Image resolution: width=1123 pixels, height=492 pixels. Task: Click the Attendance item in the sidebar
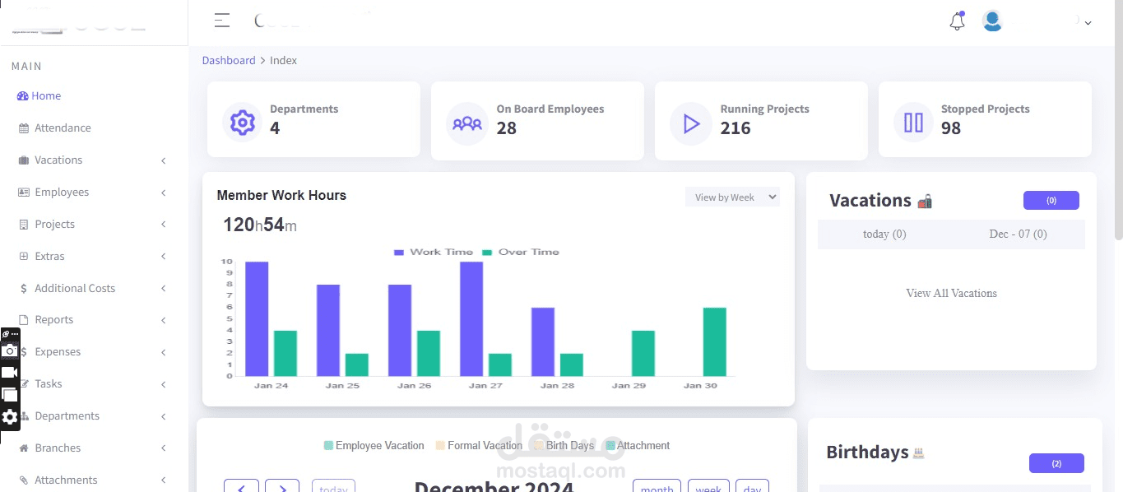tap(62, 128)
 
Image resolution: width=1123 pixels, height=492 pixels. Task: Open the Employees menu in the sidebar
tap(61, 193)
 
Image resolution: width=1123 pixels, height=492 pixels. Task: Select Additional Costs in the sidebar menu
tap(74, 289)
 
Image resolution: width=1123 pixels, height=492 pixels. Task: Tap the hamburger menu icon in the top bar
tap(222, 21)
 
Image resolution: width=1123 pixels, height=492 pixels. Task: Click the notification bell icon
tap(957, 22)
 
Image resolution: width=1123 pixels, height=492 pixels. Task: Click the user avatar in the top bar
tap(992, 21)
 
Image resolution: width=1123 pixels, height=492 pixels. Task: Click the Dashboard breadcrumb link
tap(229, 61)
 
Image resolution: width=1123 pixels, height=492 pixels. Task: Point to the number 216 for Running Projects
tap(736, 128)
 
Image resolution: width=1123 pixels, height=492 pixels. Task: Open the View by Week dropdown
tap(732, 197)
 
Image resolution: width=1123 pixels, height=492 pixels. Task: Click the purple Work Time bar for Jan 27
tap(471, 319)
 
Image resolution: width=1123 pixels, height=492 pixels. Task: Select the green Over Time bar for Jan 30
tap(714, 341)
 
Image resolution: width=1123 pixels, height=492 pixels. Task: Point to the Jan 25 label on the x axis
tap(342, 385)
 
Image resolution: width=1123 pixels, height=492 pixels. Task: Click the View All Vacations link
tap(951, 294)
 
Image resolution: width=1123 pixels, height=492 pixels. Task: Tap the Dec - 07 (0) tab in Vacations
tap(1018, 234)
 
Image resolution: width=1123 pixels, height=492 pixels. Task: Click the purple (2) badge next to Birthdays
tap(1056, 464)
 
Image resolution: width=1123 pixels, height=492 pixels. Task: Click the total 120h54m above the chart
tap(259, 225)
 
